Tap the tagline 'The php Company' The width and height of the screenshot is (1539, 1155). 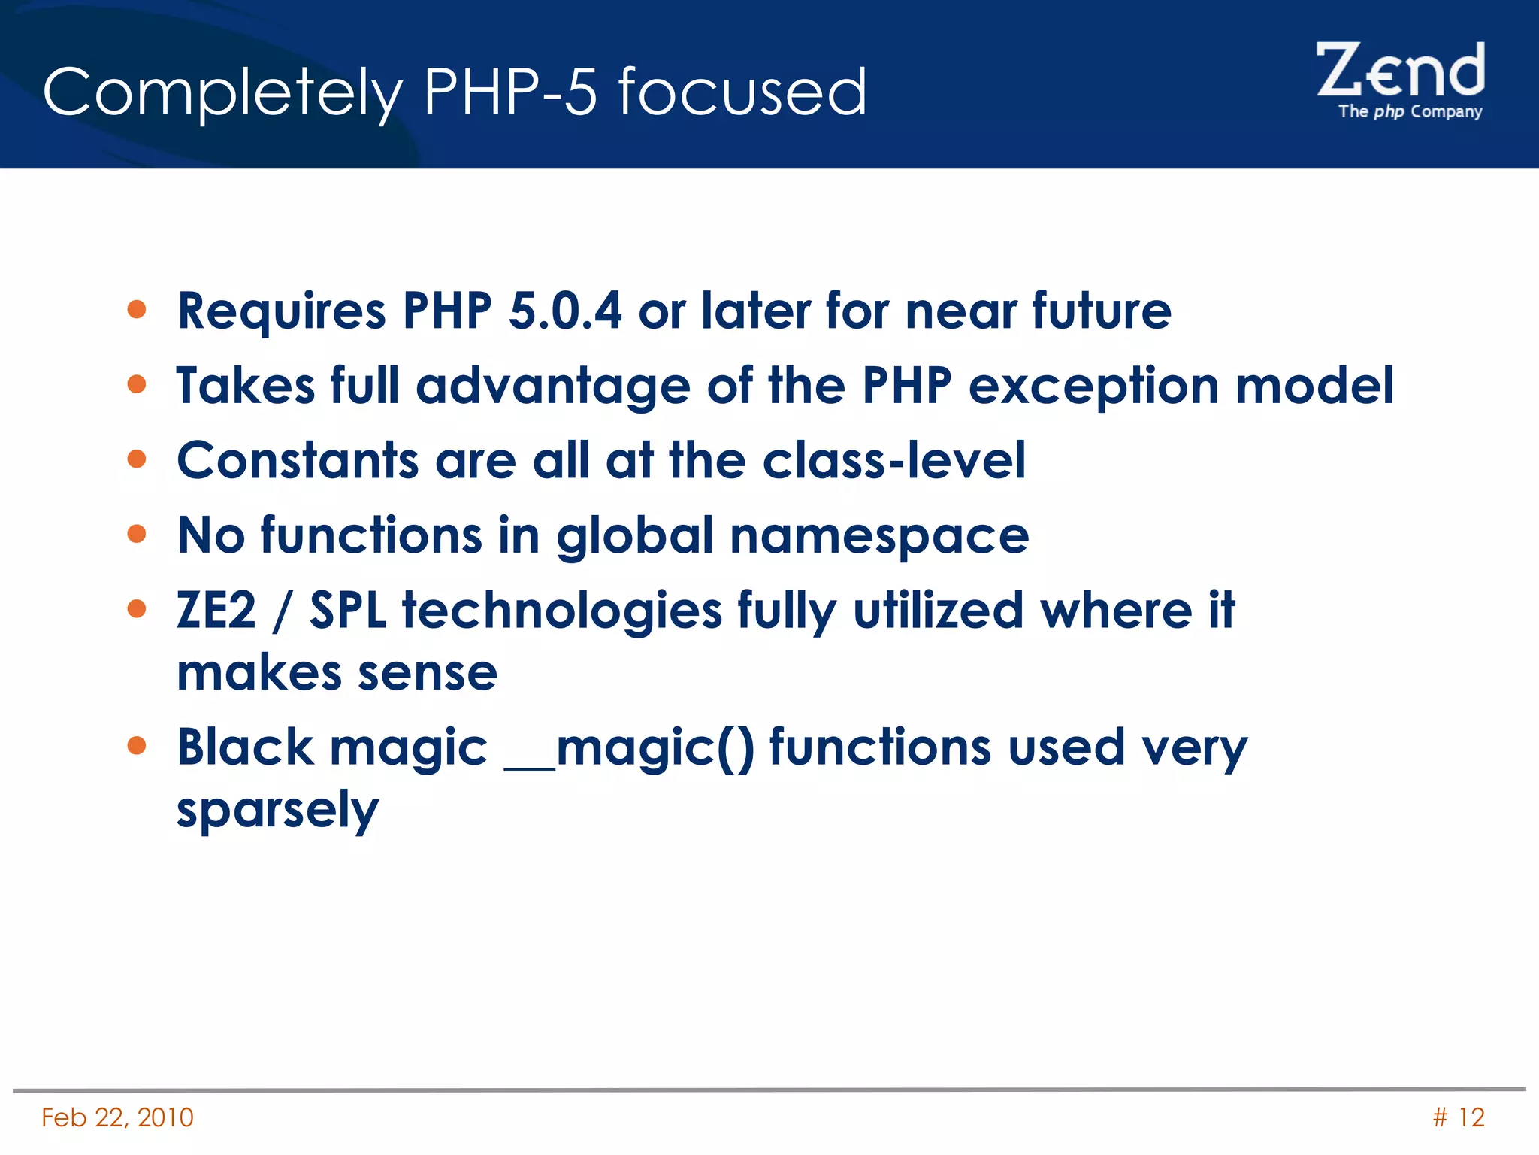pyautogui.click(x=1410, y=112)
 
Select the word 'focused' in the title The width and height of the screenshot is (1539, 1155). pyautogui.click(x=742, y=92)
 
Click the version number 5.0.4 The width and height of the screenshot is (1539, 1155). pyautogui.click(x=565, y=311)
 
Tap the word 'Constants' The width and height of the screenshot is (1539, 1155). pyautogui.click(x=298, y=460)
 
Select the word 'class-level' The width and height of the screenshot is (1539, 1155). pyautogui.click(x=893, y=460)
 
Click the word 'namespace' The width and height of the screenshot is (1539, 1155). pyautogui.click(x=879, y=537)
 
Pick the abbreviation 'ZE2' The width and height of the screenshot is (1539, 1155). pyautogui.click(x=216, y=610)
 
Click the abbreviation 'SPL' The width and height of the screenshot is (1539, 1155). pyautogui.click(x=348, y=610)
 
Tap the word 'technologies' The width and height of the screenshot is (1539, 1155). pyautogui.click(x=562, y=611)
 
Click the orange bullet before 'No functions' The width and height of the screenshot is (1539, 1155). pyautogui.click(x=137, y=534)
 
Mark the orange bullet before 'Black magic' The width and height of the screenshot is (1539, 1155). pyautogui.click(x=137, y=745)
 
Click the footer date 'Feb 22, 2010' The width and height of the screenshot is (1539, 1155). pyautogui.click(x=118, y=1117)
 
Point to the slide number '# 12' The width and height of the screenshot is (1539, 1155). pyautogui.click(x=1459, y=1117)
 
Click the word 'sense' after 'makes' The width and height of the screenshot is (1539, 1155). pyautogui.click(x=428, y=673)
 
